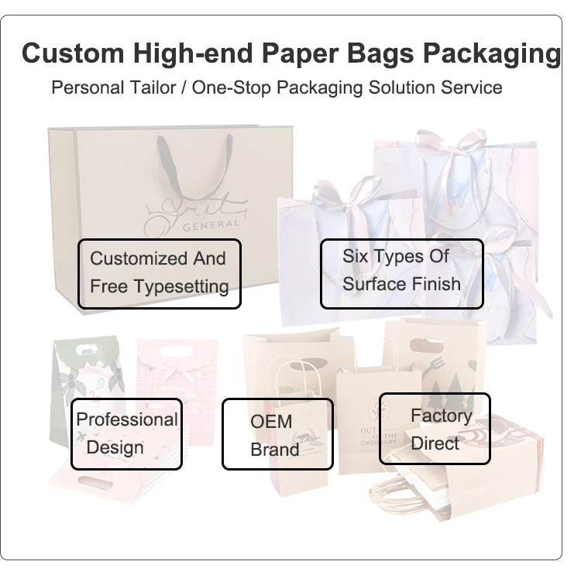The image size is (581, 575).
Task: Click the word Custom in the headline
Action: (x=72, y=53)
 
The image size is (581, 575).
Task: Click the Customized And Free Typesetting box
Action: (x=159, y=273)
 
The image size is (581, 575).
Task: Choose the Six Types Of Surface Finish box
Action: (x=401, y=273)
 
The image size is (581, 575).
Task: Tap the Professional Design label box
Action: (x=126, y=433)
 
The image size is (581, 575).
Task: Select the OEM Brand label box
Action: (x=277, y=433)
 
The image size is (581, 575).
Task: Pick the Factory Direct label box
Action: (x=434, y=429)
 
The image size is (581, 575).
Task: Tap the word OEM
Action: (x=270, y=422)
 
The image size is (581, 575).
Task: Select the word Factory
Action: (x=441, y=416)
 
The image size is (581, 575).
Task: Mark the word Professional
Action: (x=127, y=419)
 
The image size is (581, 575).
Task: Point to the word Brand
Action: (x=274, y=450)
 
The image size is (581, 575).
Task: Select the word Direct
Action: (x=435, y=443)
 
